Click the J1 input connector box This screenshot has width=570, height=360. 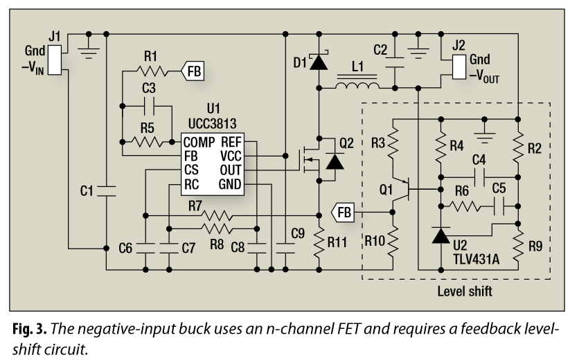coord(58,59)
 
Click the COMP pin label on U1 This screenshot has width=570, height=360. coord(199,143)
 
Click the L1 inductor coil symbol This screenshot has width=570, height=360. coord(357,86)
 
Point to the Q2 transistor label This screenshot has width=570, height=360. coord(346,144)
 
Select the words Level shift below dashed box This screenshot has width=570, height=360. coord(465,291)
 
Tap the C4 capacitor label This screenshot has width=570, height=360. coord(478,159)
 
